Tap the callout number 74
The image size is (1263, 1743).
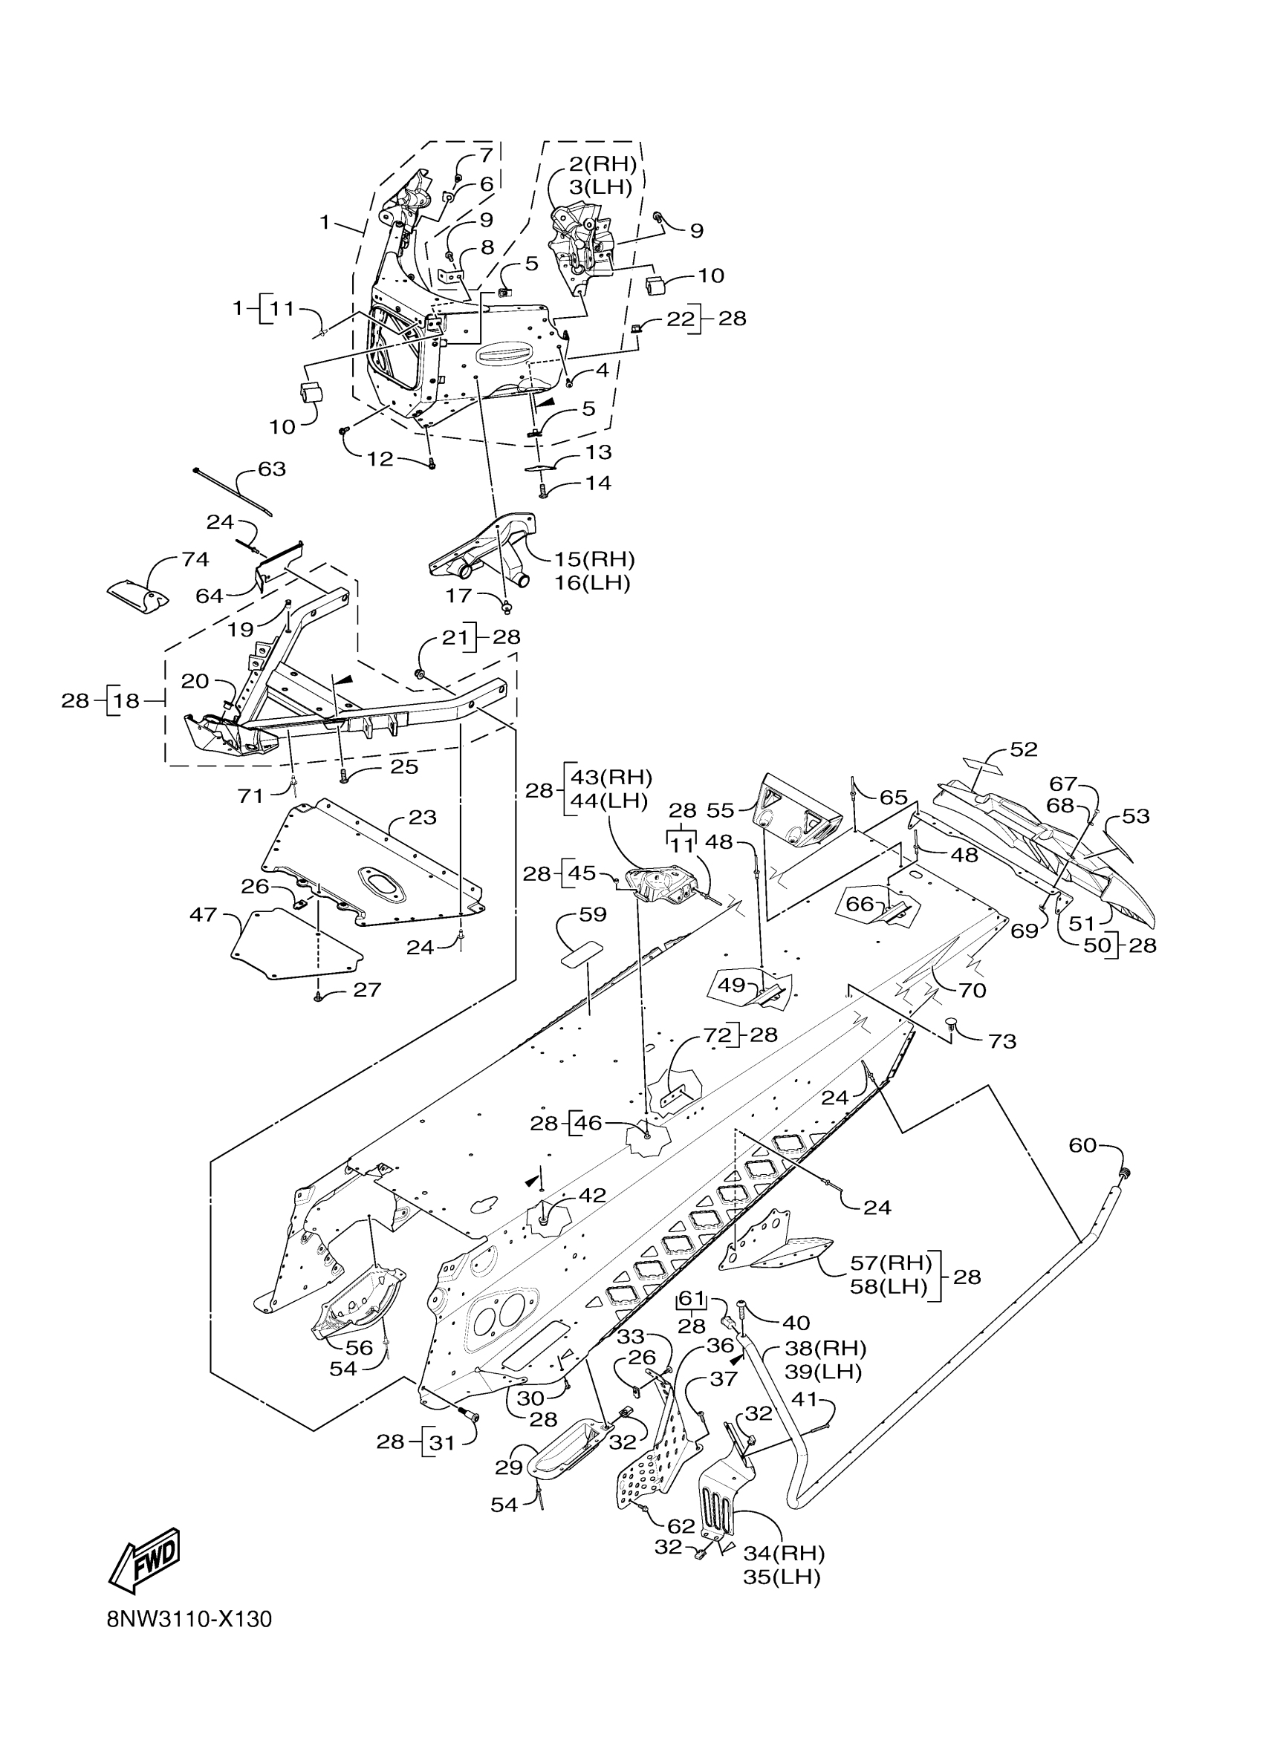[195, 559]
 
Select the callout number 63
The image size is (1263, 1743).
[271, 469]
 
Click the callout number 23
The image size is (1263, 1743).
[423, 817]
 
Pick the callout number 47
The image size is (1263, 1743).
[204, 914]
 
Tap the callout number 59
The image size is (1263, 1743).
[593, 914]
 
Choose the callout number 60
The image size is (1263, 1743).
[1082, 1167]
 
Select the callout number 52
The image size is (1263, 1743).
[1024, 749]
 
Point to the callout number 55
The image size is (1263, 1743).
[721, 809]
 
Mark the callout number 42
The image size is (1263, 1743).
[592, 1195]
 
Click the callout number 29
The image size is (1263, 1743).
[509, 1467]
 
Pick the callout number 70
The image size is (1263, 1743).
[973, 990]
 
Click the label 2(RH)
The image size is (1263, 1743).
[603, 163]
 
